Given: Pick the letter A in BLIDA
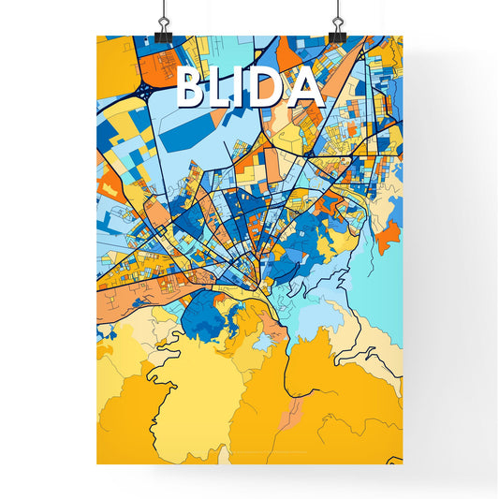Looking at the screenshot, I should point(305,88).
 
